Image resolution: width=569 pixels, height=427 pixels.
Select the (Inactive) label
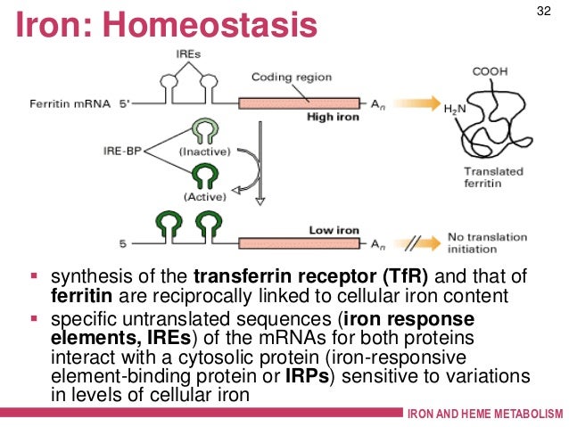204,151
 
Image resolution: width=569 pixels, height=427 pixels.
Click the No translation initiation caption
490,242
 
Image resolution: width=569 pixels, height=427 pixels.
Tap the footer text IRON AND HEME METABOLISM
484,416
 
